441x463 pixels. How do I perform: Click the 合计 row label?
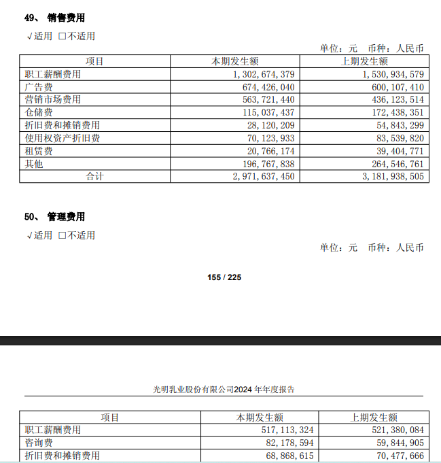coord(94,176)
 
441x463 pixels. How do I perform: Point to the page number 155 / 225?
coord(224,277)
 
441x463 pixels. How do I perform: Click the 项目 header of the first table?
coord(94,61)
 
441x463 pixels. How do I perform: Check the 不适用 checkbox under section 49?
coord(63,36)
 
